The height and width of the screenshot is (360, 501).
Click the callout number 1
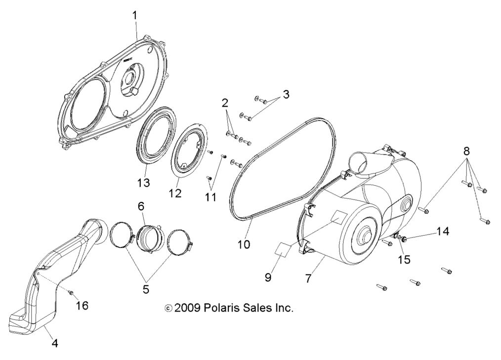(134, 16)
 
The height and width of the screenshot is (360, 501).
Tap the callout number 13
(143, 183)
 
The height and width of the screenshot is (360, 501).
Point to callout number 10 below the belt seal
(244, 244)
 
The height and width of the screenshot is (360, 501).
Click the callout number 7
(308, 279)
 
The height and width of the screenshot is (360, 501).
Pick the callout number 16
(82, 306)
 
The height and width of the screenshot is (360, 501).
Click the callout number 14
(443, 231)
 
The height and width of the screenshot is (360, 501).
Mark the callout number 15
(404, 259)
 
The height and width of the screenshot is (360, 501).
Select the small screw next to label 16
(71, 292)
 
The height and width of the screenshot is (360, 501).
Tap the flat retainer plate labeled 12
(187, 149)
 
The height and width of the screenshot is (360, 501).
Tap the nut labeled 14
(404, 240)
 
